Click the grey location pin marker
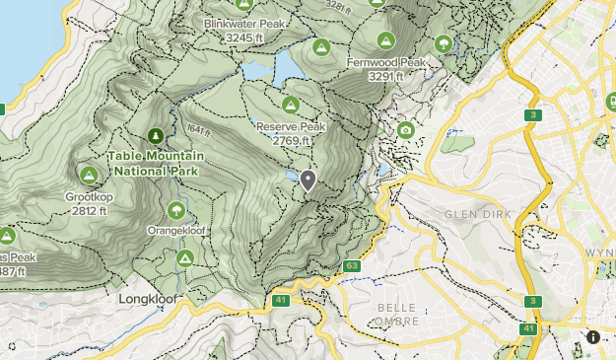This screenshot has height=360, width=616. (308, 180)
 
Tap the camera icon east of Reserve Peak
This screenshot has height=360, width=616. (405, 130)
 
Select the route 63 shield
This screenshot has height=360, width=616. (352, 265)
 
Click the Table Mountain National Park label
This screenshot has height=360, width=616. (156, 164)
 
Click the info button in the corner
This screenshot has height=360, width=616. (593, 337)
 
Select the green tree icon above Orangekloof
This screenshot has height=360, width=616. (176, 209)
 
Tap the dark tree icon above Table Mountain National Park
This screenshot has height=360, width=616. (155, 135)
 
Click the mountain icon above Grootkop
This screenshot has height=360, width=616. (89, 176)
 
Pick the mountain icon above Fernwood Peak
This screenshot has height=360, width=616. (385, 40)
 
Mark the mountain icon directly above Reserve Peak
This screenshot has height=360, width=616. (291, 106)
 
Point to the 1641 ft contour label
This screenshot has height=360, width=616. (197, 130)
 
